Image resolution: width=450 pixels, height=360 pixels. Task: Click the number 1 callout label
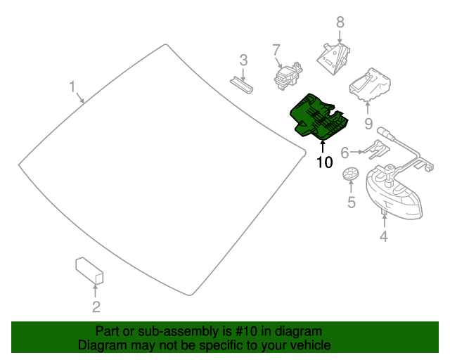(72, 86)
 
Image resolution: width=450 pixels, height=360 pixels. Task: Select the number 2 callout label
(96, 306)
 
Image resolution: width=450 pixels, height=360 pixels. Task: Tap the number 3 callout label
(243, 60)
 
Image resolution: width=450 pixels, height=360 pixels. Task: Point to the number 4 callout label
(383, 237)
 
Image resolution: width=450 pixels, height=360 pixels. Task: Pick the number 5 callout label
(351, 203)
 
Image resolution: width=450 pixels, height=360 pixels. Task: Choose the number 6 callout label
(345, 153)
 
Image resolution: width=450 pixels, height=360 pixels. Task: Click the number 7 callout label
(276, 49)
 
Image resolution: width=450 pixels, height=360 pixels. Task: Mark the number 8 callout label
(340, 22)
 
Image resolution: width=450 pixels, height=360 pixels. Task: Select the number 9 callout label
(368, 124)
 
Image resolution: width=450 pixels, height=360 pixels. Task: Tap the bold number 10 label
(323, 162)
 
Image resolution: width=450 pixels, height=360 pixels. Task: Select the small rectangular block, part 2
(89, 271)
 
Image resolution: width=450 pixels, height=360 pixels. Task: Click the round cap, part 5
(350, 174)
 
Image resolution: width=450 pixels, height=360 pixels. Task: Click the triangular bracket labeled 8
(335, 55)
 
